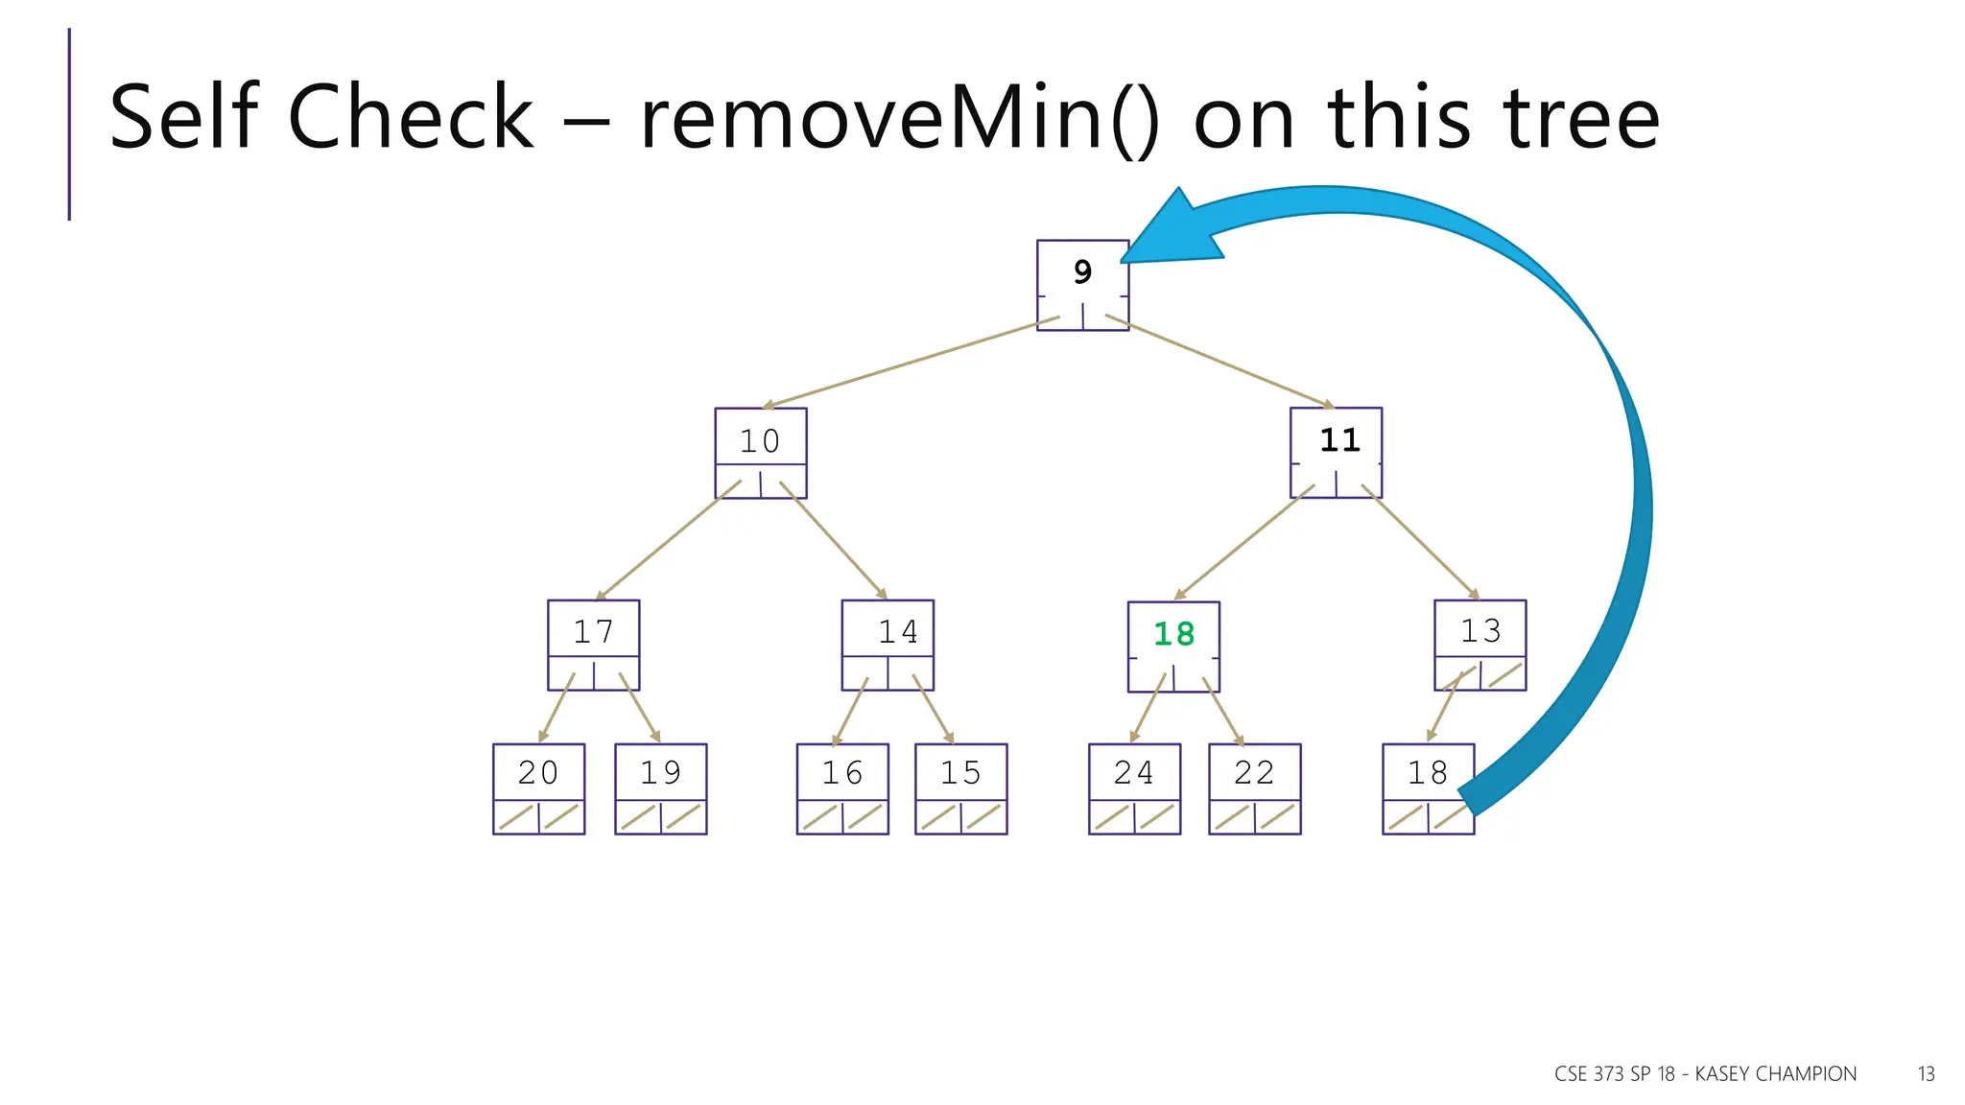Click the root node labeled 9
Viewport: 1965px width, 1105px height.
click(1082, 285)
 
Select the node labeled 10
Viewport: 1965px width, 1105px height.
click(760, 453)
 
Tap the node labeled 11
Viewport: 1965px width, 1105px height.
click(1336, 452)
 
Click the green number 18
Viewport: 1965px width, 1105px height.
click(1173, 634)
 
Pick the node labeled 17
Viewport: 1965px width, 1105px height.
click(593, 645)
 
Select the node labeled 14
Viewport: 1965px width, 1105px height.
click(888, 645)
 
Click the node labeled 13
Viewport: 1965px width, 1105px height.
click(1480, 645)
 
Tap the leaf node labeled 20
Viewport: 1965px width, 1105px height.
click(538, 788)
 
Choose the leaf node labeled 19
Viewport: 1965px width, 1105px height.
click(660, 788)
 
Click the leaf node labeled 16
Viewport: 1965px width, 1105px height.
click(841, 788)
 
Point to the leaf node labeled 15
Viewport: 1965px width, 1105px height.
click(960, 788)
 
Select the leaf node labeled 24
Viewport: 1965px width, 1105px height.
click(1134, 788)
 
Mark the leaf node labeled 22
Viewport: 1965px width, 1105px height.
click(1254, 788)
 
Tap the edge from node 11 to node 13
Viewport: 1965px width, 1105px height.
click(1424, 544)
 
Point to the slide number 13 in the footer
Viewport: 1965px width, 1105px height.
click(1926, 1074)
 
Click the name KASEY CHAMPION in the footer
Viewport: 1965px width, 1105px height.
click(1775, 1074)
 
